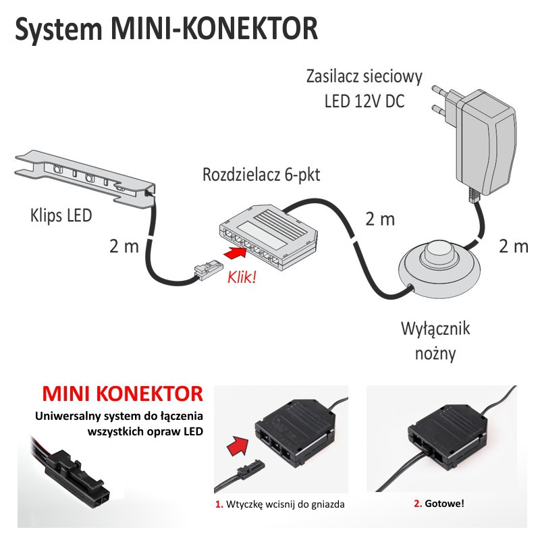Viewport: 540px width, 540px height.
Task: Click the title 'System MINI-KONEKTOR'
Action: tap(166, 31)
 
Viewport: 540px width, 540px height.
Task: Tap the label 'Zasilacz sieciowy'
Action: tap(364, 76)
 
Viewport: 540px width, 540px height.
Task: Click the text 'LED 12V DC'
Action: tap(364, 102)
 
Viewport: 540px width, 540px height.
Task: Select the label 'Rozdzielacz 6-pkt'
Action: tap(261, 175)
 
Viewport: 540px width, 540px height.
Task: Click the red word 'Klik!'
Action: tap(242, 277)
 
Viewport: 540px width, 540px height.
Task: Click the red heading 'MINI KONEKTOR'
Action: tap(122, 394)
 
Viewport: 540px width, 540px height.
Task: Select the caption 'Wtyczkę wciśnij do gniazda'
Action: tap(280, 504)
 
